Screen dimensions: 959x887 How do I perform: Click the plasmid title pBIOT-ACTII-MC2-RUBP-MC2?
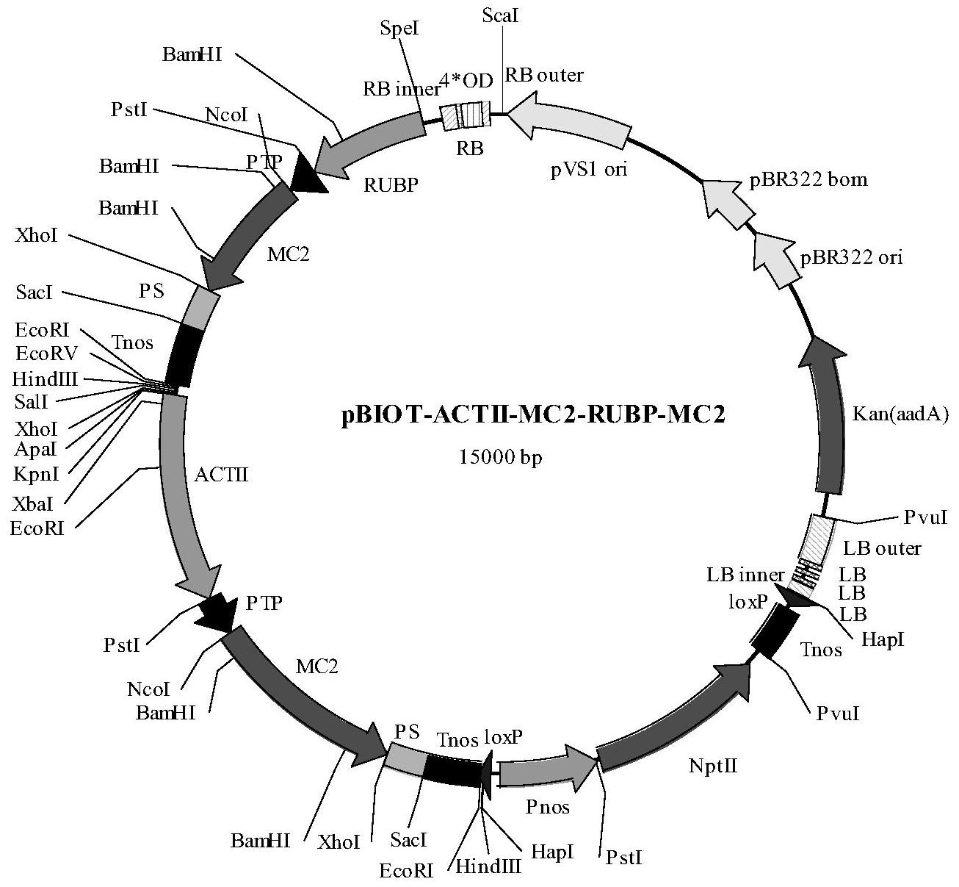(x=533, y=416)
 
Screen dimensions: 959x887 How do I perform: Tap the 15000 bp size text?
(x=501, y=457)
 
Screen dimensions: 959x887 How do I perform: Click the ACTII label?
(x=221, y=475)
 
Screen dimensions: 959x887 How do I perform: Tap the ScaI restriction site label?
(x=501, y=16)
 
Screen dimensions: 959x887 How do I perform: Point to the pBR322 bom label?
(x=808, y=181)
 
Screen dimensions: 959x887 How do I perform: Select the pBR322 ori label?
(x=852, y=257)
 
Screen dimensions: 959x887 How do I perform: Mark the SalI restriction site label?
(x=30, y=402)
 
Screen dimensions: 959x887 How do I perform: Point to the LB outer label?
(x=881, y=549)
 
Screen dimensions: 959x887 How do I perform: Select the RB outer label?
(x=544, y=75)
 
